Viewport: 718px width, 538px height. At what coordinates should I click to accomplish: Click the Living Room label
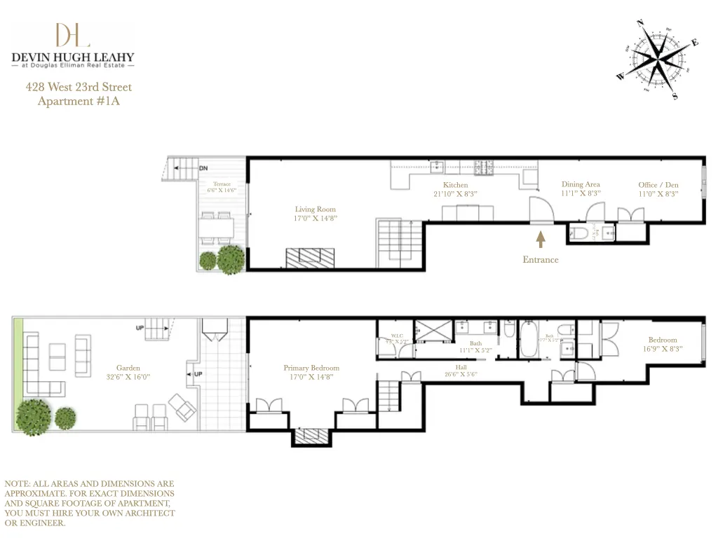point(315,209)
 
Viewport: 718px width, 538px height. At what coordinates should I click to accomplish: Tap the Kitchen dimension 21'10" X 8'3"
point(455,193)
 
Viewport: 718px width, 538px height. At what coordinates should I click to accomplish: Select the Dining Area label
point(581,184)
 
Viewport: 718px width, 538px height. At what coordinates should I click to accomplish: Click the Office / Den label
point(658,185)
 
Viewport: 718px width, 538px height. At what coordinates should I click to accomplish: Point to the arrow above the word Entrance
point(541,240)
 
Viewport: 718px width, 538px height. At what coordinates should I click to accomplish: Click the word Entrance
point(541,259)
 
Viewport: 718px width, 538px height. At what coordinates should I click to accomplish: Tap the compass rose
point(658,58)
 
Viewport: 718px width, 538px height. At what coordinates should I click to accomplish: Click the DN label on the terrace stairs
point(203,169)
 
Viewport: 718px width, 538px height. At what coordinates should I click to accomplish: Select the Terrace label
point(222,184)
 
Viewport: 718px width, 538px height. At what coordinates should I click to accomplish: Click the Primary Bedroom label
point(311,368)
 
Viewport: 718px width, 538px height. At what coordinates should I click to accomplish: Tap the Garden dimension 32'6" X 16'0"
point(128,376)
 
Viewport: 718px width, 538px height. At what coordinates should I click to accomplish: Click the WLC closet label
point(397,336)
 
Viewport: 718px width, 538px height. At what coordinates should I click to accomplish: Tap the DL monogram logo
point(73,35)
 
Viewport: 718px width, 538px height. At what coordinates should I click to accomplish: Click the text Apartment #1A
point(74,101)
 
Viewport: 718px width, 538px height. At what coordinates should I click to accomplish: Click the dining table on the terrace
point(217,227)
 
